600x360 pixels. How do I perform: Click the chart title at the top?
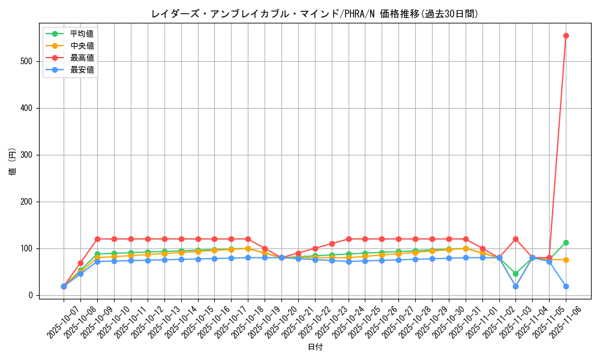click(x=315, y=14)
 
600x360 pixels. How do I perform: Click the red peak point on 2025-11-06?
click(x=566, y=35)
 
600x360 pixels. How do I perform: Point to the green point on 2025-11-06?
click(x=566, y=242)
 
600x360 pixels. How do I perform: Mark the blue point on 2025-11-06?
click(x=566, y=286)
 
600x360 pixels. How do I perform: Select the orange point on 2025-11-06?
click(x=566, y=260)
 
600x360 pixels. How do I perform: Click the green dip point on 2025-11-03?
click(x=515, y=274)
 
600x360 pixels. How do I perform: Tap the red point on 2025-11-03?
click(x=515, y=239)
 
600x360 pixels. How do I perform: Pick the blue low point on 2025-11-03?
click(x=515, y=286)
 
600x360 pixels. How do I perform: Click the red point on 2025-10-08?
click(x=80, y=263)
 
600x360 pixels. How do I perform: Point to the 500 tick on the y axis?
click(x=26, y=61)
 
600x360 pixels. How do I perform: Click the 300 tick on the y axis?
click(x=26, y=155)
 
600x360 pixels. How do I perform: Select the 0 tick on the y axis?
click(x=30, y=295)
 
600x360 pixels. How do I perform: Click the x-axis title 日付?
click(x=315, y=347)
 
